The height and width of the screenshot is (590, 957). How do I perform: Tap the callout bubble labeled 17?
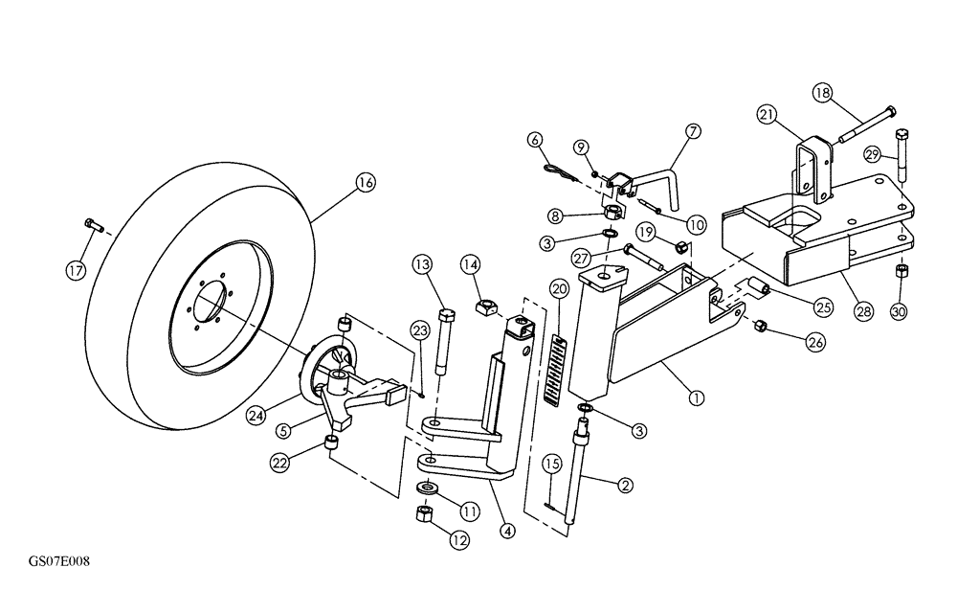[76, 271]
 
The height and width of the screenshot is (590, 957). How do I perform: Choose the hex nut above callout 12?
[426, 514]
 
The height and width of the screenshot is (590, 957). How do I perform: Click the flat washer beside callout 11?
[428, 489]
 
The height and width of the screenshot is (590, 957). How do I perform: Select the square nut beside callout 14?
[484, 308]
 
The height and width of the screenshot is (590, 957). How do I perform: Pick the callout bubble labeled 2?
[624, 486]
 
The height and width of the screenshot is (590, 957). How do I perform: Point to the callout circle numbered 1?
[696, 394]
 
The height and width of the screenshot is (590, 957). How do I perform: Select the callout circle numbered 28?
[863, 311]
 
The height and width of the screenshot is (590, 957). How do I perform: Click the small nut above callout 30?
[901, 273]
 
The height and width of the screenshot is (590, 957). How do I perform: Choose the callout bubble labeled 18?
[822, 93]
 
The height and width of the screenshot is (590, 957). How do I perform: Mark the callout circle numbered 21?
[767, 115]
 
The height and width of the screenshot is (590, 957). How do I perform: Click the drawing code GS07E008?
[59, 558]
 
